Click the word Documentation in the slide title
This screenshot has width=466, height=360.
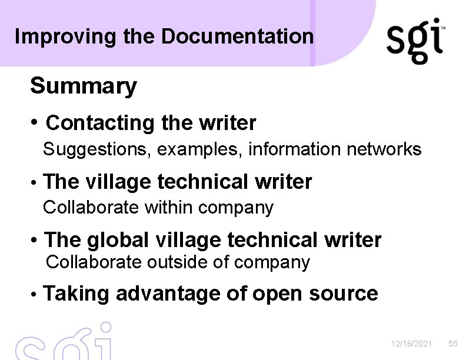[237, 36]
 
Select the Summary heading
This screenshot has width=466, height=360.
[83, 86]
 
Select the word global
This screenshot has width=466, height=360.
[118, 240]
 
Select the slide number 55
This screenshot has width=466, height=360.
[452, 344]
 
